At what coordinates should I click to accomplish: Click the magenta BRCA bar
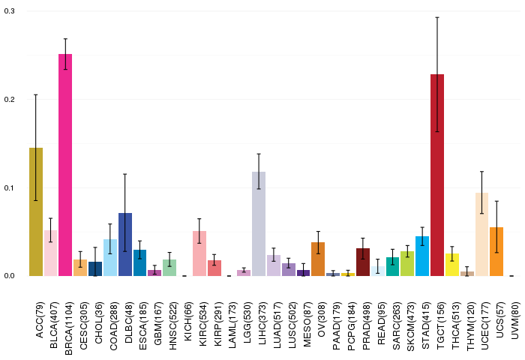(x=65, y=165)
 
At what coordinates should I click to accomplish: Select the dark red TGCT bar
(x=437, y=175)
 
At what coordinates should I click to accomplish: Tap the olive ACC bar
(x=36, y=211)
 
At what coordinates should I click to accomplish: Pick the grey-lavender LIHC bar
(x=259, y=223)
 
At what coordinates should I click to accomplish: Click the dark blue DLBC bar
(x=125, y=244)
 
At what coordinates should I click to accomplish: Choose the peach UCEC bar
(x=481, y=235)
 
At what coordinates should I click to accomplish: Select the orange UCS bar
(x=496, y=251)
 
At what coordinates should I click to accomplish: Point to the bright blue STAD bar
(x=422, y=256)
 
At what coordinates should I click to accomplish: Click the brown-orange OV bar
(x=318, y=259)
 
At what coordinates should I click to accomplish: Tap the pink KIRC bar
(x=199, y=253)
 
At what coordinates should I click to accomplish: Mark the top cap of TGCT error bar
(x=437, y=17)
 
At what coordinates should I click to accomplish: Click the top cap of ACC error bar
(x=36, y=95)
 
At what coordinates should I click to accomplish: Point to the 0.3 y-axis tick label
(x=9, y=11)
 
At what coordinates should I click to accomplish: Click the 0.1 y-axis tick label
(x=9, y=187)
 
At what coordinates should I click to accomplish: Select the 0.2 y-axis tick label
(x=9, y=100)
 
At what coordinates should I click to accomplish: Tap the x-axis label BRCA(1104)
(x=69, y=328)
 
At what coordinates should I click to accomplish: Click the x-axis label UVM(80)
(x=516, y=320)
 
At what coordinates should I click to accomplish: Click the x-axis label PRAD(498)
(x=366, y=325)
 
